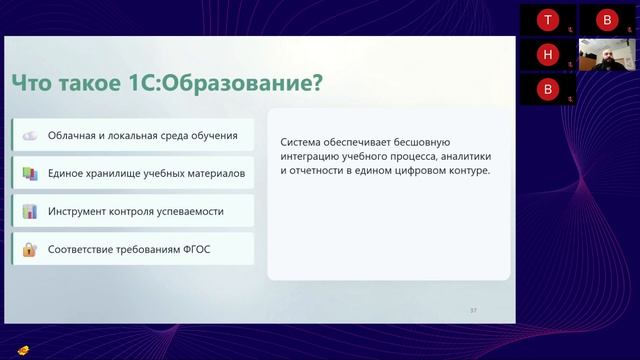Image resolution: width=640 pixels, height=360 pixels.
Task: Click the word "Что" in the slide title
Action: click(x=31, y=83)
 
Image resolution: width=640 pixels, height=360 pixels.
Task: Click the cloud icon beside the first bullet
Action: click(x=30, y=135)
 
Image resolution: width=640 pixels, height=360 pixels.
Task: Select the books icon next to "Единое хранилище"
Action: click(x=30, y=173)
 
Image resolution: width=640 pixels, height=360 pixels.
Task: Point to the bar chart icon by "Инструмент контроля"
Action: click(x=30, y=211)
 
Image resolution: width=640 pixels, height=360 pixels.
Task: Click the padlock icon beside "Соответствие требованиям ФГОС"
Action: click(x=30, y=249)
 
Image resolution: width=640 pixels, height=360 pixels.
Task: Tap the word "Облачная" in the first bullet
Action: click(x=73, y=135)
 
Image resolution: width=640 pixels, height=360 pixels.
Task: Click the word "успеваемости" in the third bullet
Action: click(x=189, y=211)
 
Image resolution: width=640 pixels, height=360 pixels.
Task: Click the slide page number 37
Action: click(x=473, y=311)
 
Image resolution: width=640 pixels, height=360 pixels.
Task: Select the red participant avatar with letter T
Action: click(x=547, y=20)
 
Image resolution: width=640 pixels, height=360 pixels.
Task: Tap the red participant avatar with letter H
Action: click(x=547, y=54)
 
